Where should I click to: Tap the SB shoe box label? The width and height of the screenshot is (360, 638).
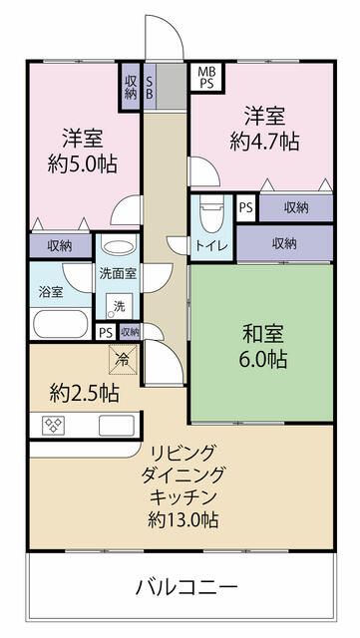(x=149, y=87)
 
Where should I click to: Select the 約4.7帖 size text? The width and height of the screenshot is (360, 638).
(x=264, y=142)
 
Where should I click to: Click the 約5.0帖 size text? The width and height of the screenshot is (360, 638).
(x=83, y=164)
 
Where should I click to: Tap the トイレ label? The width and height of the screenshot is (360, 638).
(x=211, y=246)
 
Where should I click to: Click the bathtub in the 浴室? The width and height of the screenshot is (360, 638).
(x=61, y=323)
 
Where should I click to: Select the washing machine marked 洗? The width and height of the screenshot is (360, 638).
(x=119, y=306)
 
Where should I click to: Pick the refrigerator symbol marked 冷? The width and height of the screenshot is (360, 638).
(x=123, y=360)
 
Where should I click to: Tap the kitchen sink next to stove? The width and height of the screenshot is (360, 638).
(x=117, y=426)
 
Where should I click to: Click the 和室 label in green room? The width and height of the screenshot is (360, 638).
(x=262, y=335)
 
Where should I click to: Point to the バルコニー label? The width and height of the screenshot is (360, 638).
(x=186, y=587)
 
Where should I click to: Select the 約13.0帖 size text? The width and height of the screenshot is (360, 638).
(x=182, y=520)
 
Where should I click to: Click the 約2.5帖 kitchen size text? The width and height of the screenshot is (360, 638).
(x=85, y=394)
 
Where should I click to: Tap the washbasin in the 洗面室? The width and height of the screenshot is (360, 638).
(x=118, y=247)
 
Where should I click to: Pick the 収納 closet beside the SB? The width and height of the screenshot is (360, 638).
(x=131, y=87)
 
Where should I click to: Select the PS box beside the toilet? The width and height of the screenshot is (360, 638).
(x=246, y=208)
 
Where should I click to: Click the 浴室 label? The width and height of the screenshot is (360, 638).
(x=51, y=292)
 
